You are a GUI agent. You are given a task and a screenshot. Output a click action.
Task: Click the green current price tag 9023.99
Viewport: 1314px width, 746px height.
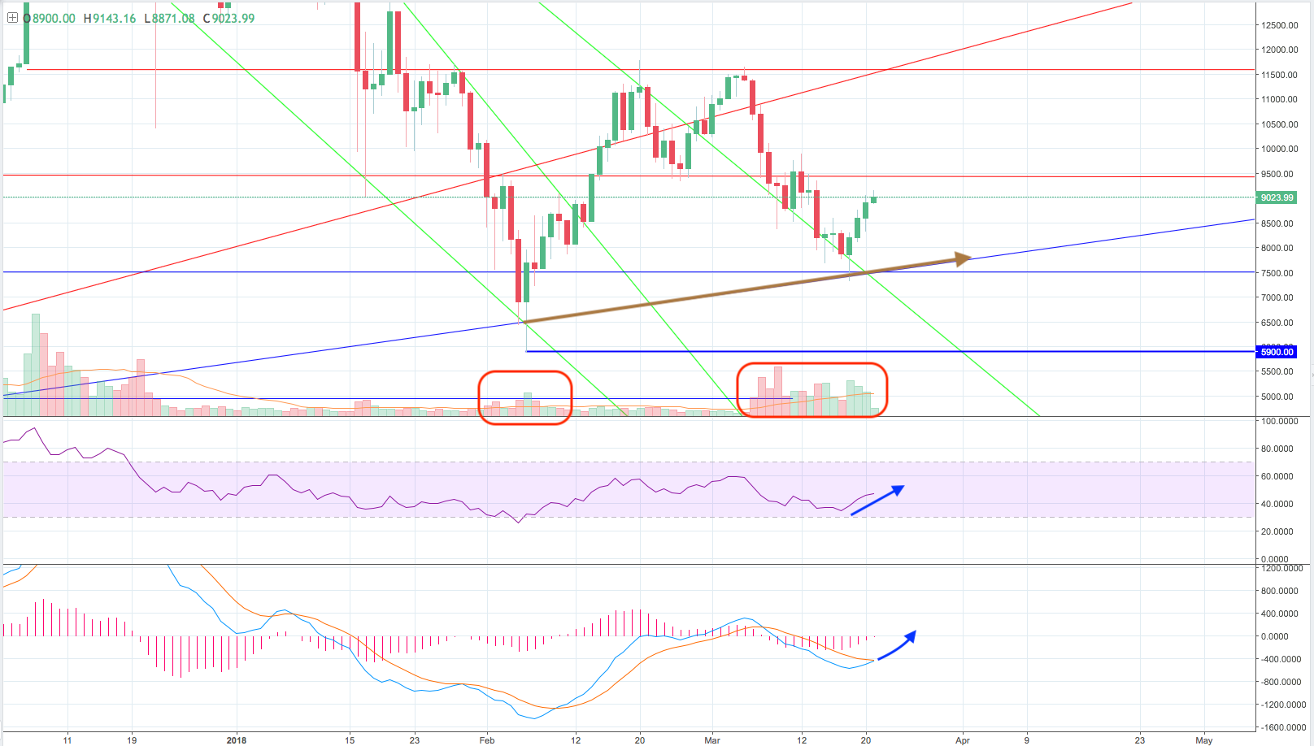[1277, 197]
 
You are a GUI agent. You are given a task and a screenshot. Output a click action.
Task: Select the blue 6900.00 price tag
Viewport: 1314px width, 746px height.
[1277, 352]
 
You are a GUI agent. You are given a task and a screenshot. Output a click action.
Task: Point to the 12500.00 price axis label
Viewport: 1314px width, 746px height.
[1279, 25]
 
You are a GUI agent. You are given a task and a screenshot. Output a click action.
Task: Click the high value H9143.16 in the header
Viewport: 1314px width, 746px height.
[109, 18]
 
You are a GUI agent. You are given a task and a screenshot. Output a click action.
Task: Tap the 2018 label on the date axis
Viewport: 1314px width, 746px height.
[237, 739]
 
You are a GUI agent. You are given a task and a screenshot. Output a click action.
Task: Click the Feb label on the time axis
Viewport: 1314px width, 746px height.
[487, 739]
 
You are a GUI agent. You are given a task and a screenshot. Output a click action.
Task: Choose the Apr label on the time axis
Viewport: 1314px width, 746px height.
[963, 739]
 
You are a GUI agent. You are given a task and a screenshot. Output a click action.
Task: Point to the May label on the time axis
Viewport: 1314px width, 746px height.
[1204, 739]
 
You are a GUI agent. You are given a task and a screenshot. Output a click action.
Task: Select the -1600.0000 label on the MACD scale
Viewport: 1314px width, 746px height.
[1280, 727]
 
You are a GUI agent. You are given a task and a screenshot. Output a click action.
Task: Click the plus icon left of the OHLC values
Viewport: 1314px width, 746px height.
[12, 17]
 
